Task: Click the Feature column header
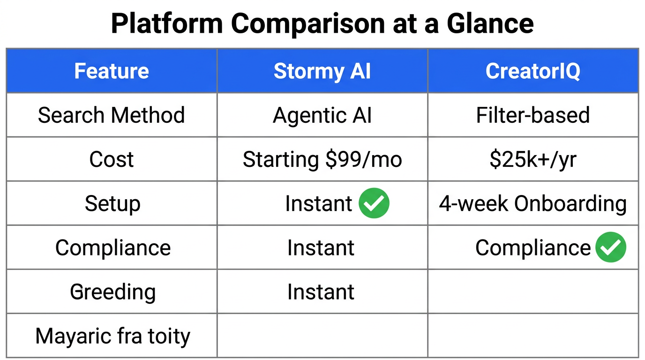coord(112,71)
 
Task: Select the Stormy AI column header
coord(322,71)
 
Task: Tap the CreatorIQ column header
coord(533,71)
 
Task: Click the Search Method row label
coord(112,115)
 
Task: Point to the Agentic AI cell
coord(322,115)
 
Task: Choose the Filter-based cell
coord(533,115)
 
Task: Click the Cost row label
coord(112,159)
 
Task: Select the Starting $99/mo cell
coord(322,159)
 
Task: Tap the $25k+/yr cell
coord(533,159)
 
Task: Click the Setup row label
coord(112,203)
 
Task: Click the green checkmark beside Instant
coord(374,203)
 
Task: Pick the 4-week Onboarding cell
coord(533,203)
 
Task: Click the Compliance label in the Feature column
coord(113,247)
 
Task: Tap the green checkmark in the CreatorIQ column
coord(611,247)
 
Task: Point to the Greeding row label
coord(112,292)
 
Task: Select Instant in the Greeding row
coord(321,292)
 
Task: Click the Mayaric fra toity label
coord(112,336)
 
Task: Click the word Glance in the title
coord(490,23)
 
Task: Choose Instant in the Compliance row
coord(321,247)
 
